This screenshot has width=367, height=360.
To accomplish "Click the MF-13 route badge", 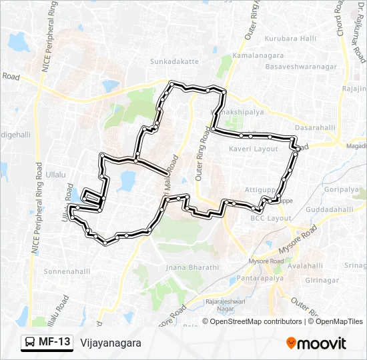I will pos(47,343).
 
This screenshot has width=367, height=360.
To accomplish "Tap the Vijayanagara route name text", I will pos(111,343).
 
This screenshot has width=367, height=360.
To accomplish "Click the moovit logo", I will pos(316,343).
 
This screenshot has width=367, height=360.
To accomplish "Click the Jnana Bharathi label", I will pos(194,267).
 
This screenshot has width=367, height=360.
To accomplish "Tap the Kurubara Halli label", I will pos(290,38).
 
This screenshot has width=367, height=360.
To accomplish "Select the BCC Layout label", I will pos(271,219).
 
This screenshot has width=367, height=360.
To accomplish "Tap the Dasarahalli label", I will pos(315,127).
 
